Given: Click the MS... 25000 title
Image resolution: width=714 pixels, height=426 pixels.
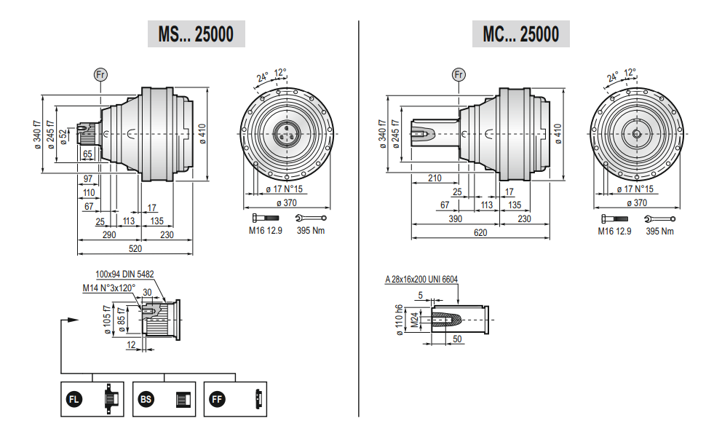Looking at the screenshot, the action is point(196,34).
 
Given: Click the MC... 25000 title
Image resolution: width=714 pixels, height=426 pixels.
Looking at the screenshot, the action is point(520,34).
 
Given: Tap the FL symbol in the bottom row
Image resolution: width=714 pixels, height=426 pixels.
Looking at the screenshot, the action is point(74,400).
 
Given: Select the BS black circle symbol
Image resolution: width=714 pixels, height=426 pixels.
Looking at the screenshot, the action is point(146,400).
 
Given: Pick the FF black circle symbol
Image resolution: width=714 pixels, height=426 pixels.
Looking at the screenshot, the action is point(217,400).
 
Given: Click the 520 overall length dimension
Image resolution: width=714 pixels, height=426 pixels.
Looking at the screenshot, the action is point(135,249).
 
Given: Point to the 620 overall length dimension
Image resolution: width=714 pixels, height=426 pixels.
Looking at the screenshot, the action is point(480,233).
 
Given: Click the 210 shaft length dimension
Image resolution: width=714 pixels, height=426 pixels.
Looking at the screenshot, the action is point(435,178).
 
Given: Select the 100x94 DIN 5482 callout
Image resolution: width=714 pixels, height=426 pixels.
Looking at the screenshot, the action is point(124,275).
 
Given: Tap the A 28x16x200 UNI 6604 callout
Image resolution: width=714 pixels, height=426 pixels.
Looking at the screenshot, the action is point(421,280).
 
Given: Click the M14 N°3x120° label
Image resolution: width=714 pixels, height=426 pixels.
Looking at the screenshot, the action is point(109,288).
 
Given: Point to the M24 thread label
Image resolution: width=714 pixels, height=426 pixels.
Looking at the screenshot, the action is point(414,320).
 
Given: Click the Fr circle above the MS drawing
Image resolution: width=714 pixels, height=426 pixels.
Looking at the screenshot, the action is point(100,75).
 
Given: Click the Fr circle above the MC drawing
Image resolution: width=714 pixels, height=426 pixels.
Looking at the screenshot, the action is point(459,75).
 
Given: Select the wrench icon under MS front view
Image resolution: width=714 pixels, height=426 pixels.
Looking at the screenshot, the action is point(311,218).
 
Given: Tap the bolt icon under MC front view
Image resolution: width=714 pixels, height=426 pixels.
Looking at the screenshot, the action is point(614,218).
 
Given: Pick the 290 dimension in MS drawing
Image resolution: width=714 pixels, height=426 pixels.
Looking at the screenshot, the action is point(109,234).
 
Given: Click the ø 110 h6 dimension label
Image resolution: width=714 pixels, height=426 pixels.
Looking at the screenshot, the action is point(400,320).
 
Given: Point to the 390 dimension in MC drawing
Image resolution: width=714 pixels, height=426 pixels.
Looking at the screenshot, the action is point(456,218).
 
